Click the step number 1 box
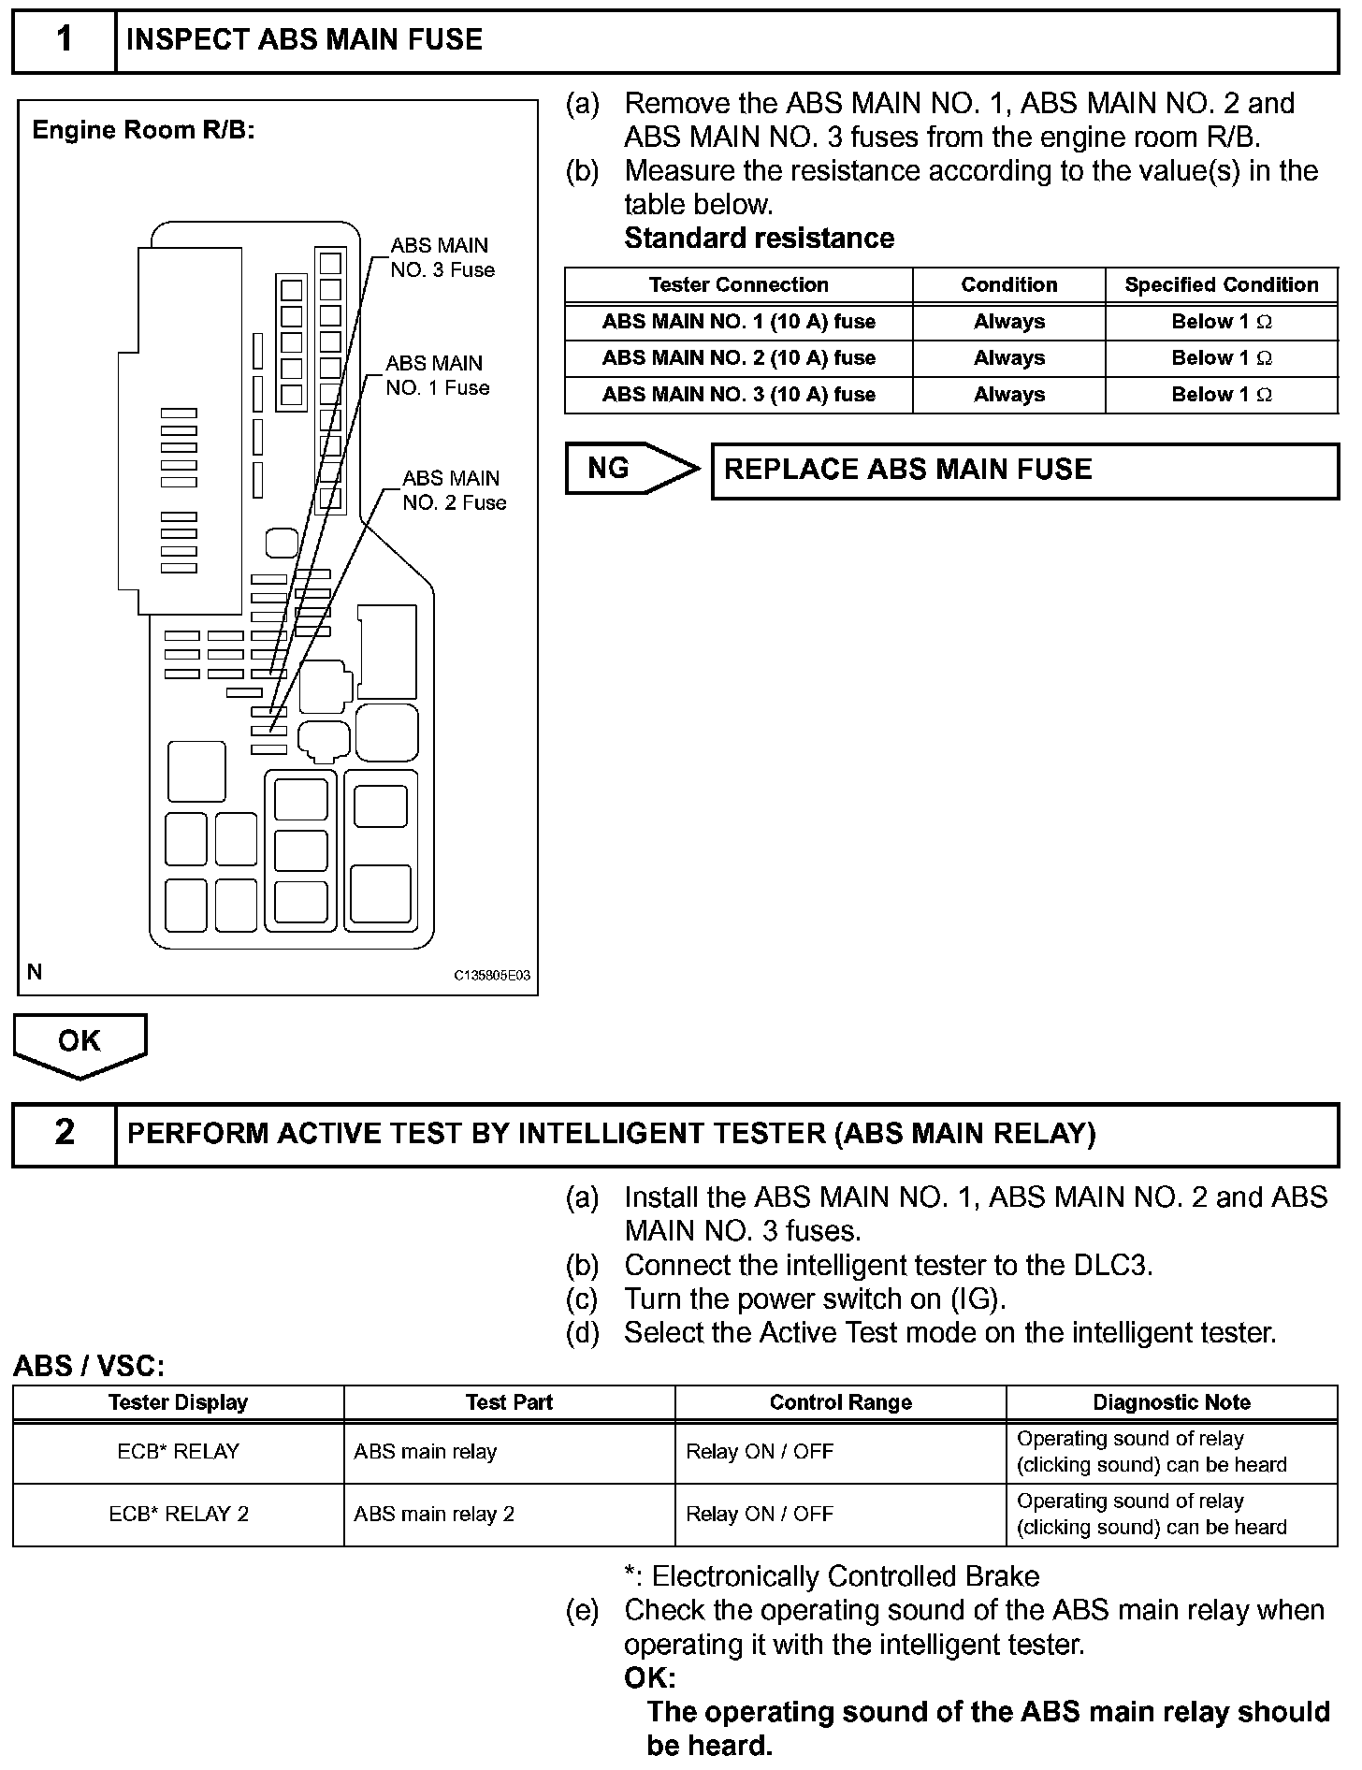[64, 40]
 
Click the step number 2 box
[64, 1133]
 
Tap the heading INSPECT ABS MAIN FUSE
[304, 40]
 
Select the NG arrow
[629, 469]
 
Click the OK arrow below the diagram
[80, 1043]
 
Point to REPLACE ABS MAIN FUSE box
[1024, 470]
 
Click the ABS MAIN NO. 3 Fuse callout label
[442, 257]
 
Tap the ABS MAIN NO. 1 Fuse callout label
[437, 375]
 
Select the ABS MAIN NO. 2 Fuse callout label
[454, 490]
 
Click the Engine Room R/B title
[143, 130]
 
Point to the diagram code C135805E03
[492, 975]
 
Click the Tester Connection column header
[738, 285]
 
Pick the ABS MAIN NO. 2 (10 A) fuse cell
[738, 358]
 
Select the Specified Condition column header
[1221, 285]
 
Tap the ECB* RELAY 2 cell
[179, 1515]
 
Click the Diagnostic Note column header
[1171, 1402]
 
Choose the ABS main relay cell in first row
[426, 1452]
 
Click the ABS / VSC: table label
[89, 1367]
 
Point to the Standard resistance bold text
[759, 239]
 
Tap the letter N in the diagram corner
[35, 972]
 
